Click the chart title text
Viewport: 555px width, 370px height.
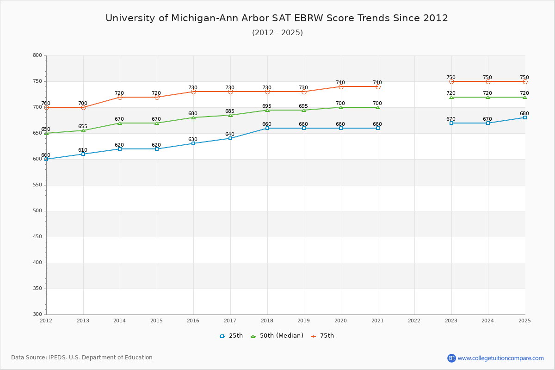click(x=277, y=18)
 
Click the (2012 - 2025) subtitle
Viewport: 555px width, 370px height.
click(x=277, y=32)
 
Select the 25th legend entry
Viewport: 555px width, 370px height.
click(x=231, y=336)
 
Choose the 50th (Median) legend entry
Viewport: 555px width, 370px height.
click(x=277, y=336)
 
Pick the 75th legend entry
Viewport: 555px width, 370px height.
click(x=322, y=336)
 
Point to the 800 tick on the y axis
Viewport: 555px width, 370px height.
click(x=37, y=55)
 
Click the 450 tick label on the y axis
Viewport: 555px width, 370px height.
click(x=37, y=237)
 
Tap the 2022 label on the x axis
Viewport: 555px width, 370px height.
click(x=414, y=320)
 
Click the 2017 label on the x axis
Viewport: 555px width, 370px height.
click(x=230, y=320)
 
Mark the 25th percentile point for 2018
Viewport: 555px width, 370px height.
click(x=267, y=128)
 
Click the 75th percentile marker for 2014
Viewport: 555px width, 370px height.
click(x=120, y=97)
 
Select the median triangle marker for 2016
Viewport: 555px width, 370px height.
click(x=193, y=117)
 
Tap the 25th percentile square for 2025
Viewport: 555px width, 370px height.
click(x=525, y=117)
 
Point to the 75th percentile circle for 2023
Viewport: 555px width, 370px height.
click(x=451, y=81)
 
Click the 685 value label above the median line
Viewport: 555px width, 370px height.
click(x=230, y=111)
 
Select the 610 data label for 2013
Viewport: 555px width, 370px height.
click(x=83, y=150)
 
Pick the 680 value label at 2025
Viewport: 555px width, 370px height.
click(x=524, y=114)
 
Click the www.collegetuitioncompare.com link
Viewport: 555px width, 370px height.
click(x=500, y=358)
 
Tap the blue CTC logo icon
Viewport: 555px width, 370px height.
click(x=451, y=358)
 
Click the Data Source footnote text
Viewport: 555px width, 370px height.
click(x=82, y=358)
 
